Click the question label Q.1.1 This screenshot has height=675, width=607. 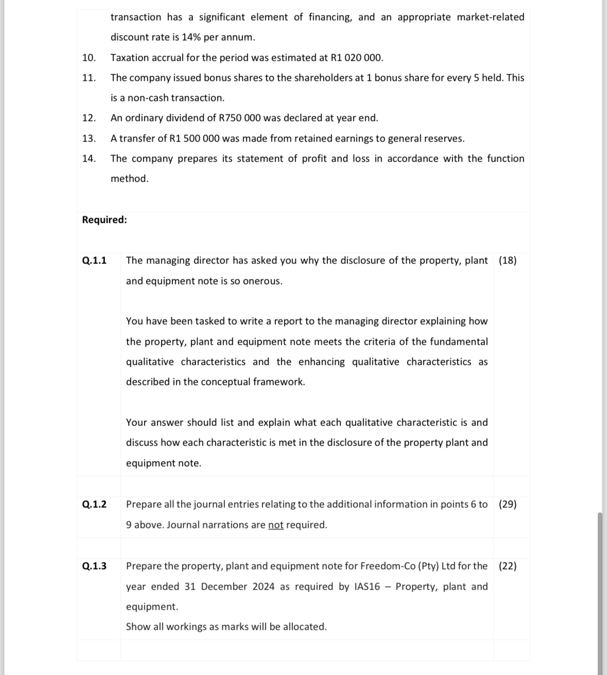[x=94, y=260]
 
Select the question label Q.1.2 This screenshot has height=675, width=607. [x=94, y=504]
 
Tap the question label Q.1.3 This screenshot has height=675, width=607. [x=94, y=566]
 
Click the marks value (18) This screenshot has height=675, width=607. [x=508, y=260]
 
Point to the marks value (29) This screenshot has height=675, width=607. [x=508, y=504]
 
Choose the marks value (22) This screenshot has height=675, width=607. [x=508, y=566]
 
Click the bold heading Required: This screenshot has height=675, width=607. [x=105, y=220]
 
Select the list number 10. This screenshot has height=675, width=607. [x=89, y=58]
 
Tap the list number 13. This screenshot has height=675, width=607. [x=89, y=138]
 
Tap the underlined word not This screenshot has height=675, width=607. [x=275, y=525]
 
